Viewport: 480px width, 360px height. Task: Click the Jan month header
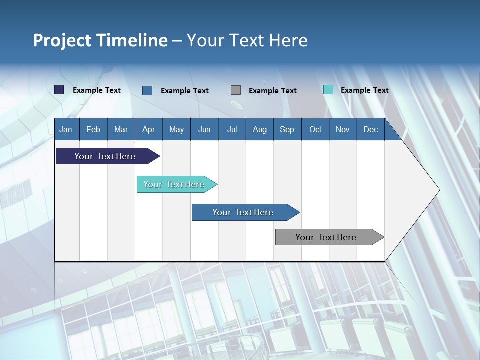point(66,129)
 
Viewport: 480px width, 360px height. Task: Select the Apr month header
point(149,129)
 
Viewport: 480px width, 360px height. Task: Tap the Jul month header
point(232,129)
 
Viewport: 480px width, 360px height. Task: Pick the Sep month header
point(287,129)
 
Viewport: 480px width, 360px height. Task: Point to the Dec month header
point(370,129)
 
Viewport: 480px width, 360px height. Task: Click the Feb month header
point(93,129)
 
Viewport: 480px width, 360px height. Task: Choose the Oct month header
point(315,129)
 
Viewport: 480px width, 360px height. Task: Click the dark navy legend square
point(59,90)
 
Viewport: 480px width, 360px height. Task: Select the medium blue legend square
point(147,90)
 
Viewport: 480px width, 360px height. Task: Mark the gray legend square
point(236,90)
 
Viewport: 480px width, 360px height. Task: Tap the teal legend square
point(328,90)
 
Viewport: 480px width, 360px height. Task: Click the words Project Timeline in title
point(100,40)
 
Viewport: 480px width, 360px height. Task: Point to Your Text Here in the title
point(247,40)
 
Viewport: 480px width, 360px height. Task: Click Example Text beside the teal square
point(364,90)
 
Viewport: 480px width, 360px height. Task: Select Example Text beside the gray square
point(272,91)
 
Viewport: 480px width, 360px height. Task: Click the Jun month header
point(204,129)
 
